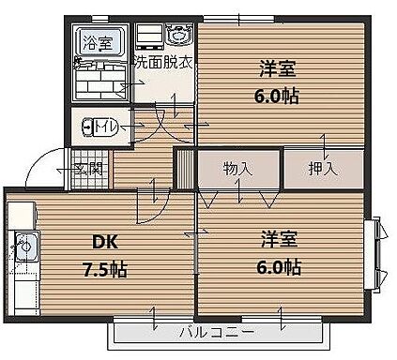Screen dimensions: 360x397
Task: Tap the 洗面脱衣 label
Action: click(x=161, y=63)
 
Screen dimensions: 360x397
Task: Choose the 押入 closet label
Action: click(x=323, y=169)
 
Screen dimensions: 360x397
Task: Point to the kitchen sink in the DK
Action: click(x=23, y=247)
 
